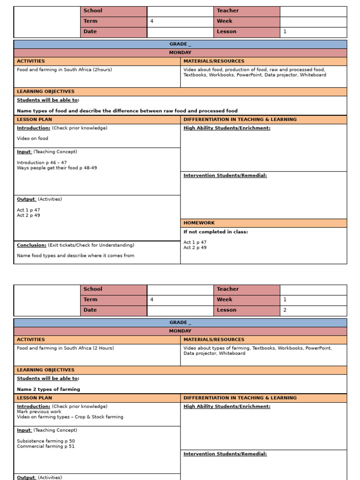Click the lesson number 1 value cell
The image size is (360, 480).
(313, 32)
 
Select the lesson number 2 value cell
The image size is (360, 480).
(313, 310)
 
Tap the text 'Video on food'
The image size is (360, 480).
(32, 139)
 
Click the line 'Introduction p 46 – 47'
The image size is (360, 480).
(42, 163)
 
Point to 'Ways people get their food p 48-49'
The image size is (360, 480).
(57, 168)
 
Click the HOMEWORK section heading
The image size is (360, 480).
(199, 223)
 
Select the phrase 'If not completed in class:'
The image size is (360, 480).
(216, 232)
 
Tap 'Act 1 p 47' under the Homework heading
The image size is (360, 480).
(195, 242)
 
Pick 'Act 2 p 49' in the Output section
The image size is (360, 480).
(28, 216)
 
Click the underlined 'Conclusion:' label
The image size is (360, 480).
(31, 245)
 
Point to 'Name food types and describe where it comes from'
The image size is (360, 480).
(75, 256)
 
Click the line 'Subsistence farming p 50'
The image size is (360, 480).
(45, 441)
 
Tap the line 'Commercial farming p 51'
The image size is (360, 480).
(45, 446)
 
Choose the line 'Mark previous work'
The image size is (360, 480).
(39, 412)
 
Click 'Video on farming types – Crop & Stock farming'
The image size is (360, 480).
(70, 417)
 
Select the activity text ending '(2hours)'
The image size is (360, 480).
(64, 70)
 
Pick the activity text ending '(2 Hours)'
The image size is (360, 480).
(65, 348)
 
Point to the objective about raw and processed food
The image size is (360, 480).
(127, 111)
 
